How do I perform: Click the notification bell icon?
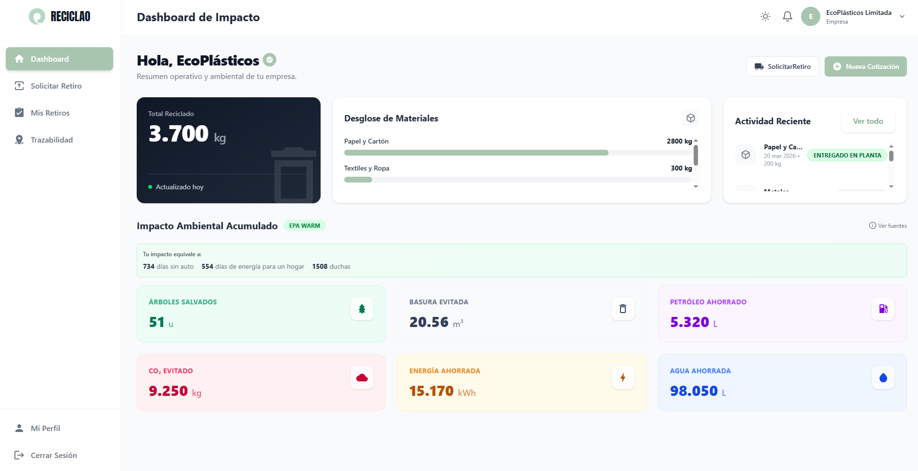click(788, 16)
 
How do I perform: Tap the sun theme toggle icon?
click(765, 16)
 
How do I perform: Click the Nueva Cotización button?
click(866, 66)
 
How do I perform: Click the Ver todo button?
click(868, 121)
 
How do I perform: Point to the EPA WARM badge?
click(304, 226)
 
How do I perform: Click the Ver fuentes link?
click(888, 226)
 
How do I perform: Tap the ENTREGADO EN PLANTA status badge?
click(847, 156)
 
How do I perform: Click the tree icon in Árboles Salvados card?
click(362, 309)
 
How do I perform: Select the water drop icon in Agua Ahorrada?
click(883, 378)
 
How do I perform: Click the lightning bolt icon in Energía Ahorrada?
click(623, 378)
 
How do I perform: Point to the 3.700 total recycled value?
click(179, 134)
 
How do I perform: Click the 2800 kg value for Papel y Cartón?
click(679, 141)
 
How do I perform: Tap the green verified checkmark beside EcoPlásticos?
click(270, 60)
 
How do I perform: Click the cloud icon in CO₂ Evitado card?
click(362, 378)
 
